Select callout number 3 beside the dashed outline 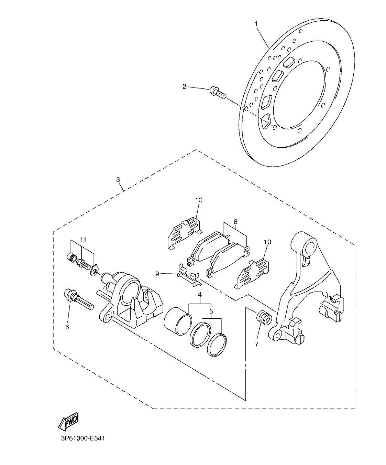click(x=118, y=180)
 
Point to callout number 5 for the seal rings click(x=211, y=311)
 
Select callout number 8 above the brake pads click(x=235, y=222)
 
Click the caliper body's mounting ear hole click(x=107, y=317)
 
